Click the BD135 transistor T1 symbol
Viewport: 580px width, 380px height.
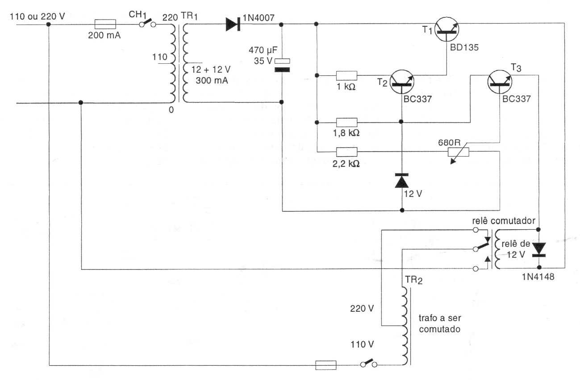[x=447, y=29]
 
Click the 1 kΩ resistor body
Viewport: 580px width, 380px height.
[x=346, y=75]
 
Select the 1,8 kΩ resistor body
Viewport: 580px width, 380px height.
[x=346, y=122]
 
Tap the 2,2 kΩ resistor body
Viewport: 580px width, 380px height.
[x=346, y=152]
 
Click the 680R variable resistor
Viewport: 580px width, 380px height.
[x=458, y=152]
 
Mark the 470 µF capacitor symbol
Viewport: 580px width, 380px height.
[x=282, y=65]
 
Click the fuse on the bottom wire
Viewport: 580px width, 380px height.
[x=325, y=366]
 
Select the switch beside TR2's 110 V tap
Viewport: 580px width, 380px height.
[x=368, y=363]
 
